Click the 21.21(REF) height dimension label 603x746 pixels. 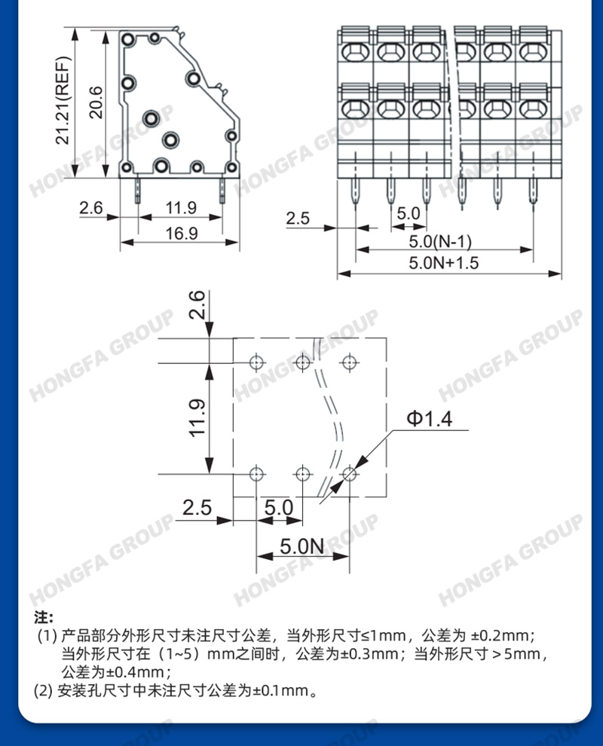(63, 100)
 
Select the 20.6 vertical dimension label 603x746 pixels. (96, 102)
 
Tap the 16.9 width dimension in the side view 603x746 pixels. (182, 233)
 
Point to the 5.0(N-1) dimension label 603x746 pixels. (440, 241)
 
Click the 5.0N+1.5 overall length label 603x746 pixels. (443, 263)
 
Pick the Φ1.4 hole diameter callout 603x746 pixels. (430, 419)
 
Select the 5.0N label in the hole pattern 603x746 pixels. (301, 546)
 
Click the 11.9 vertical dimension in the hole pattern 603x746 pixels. (197, 417)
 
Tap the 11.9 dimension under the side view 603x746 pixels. (181, 208)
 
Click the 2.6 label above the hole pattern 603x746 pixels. (197, 304)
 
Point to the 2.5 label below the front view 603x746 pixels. (298, 219)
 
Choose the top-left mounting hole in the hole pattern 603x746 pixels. (256, 362)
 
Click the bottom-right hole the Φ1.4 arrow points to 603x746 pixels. (349, 474)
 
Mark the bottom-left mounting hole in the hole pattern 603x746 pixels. (256, 474)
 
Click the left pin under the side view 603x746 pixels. (138, 189)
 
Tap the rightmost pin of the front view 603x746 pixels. (533, 191)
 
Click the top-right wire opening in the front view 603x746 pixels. (533, 52)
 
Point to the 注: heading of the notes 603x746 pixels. (43, 618)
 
